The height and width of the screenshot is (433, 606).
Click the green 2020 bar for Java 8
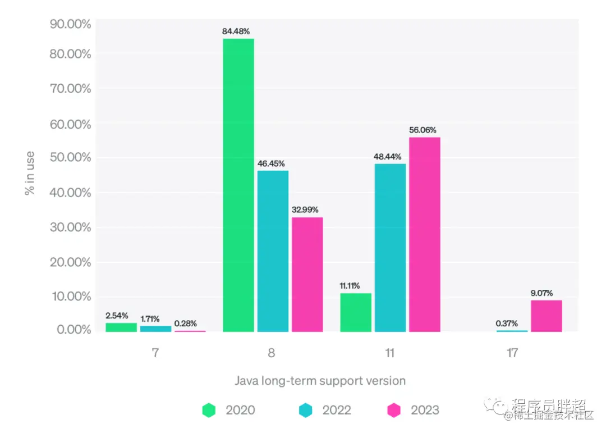[x=238, y=185]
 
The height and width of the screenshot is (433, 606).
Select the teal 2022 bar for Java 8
[x=273, y=251]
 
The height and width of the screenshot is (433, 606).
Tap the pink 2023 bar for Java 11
[x=424, y=234]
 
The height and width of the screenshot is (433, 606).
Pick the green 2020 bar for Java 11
[x=355, y=312]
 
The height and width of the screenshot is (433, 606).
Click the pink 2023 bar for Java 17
[x=546, y=316]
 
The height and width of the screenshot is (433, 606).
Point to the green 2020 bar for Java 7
[x=121, y=327]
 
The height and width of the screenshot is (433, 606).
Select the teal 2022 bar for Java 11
[x=390, y=248]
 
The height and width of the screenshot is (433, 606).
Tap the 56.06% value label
[x=423, y=130]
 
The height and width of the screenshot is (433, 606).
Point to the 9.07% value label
[x=541, y=293]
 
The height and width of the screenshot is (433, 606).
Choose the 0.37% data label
[x=507, y=323]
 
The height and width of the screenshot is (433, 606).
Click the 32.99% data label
[x=305, y=210]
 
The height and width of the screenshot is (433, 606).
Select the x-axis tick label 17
[x=512, y=353]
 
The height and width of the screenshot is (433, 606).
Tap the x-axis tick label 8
[x=272, y=353]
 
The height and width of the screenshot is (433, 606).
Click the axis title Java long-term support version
[x=320, y=381]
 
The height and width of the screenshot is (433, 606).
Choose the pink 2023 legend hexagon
[x=394, y=411]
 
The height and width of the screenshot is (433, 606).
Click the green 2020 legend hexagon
[x=209, y=411]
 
